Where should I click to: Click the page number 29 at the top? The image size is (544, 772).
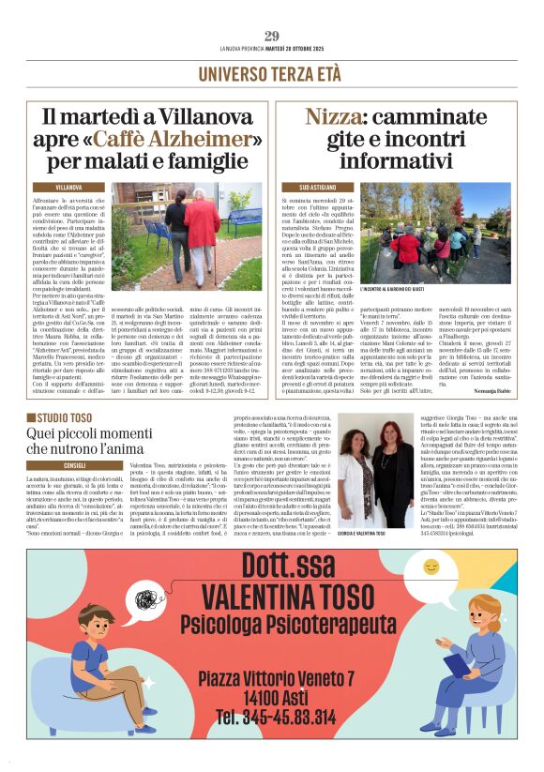pyautogui.click(x=272, y=37)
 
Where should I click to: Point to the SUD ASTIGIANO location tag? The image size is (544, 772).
pyautogui.click(x=309, y=188)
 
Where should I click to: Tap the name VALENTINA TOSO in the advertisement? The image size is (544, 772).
pyautogui.click(x=273, y=598)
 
